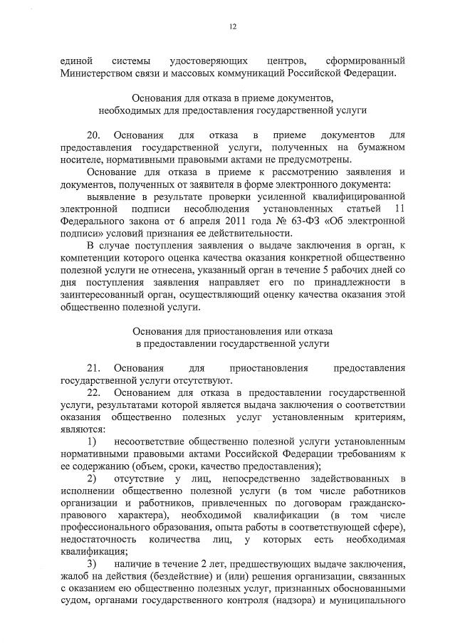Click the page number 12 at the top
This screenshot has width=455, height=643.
[232, 27]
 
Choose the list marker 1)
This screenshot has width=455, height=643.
[93, 442]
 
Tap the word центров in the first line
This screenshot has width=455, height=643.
[283, 61]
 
